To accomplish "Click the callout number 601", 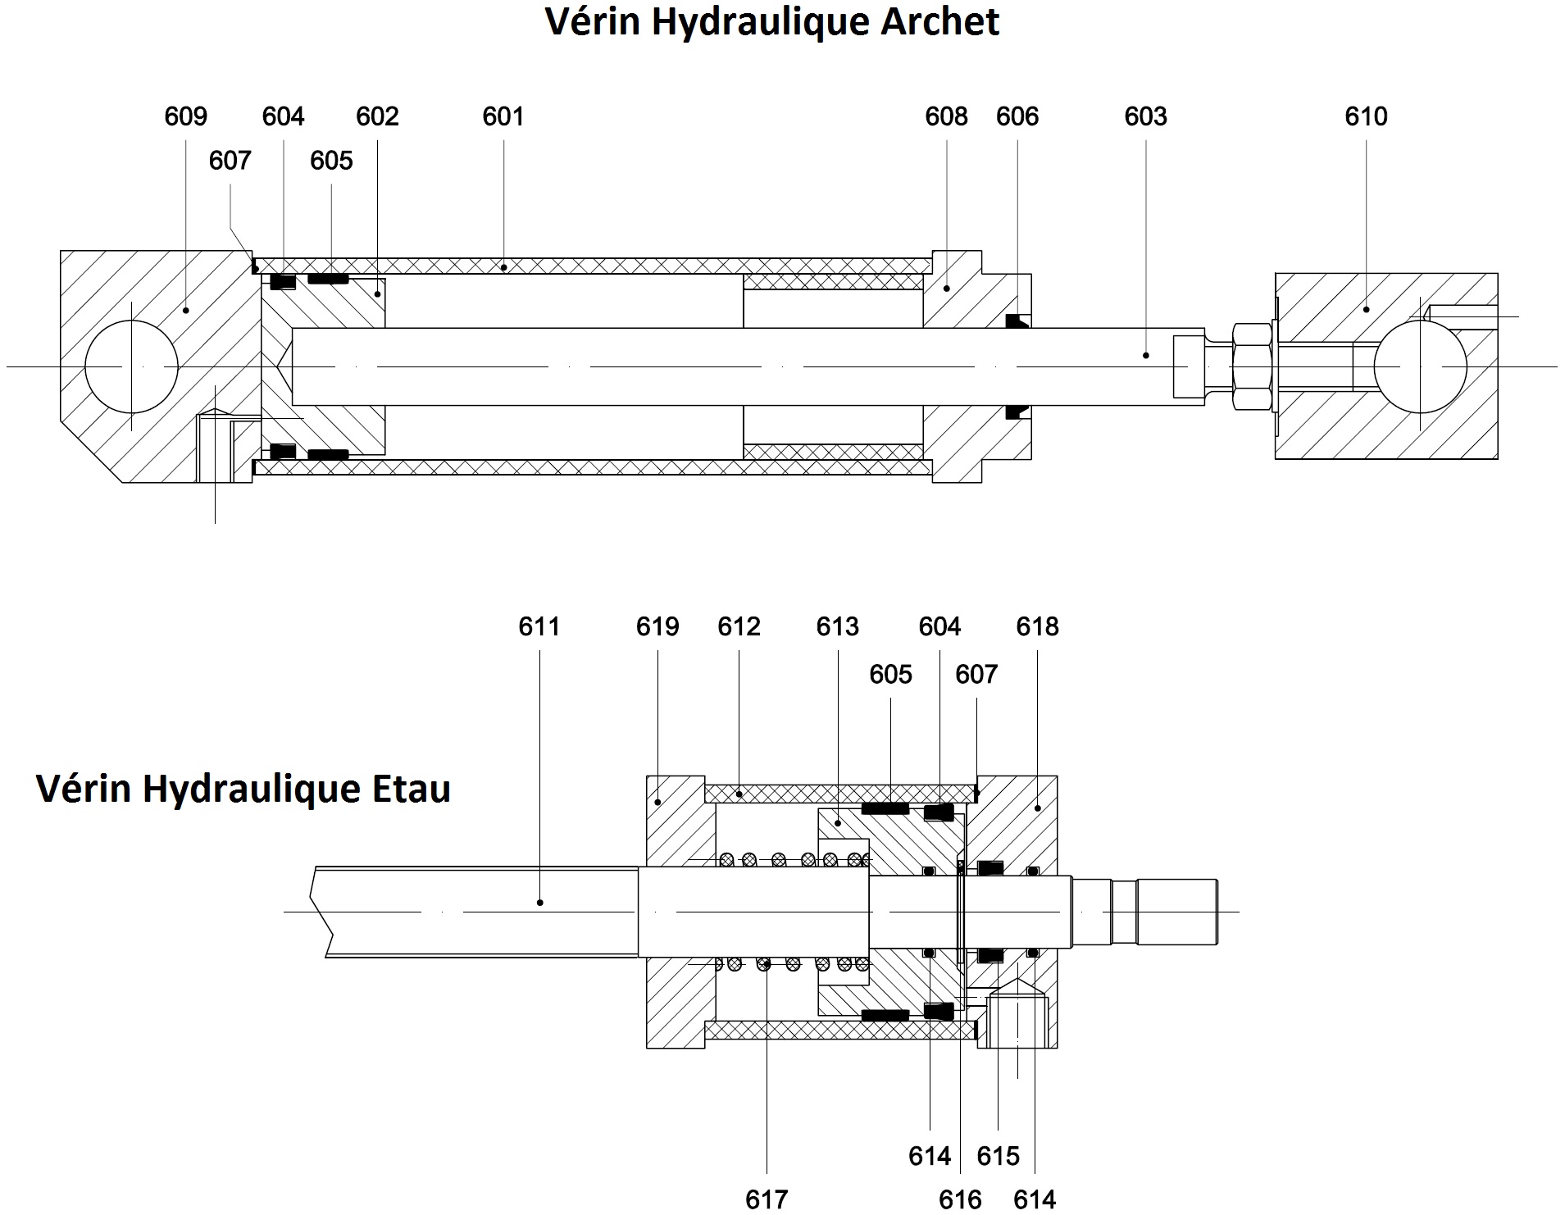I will (503, 117).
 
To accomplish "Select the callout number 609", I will (185, 117).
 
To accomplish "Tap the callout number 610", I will (1366, 117).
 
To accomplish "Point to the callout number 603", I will (1145, 117).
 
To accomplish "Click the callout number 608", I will (946, 117).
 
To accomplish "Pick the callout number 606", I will (1017, 117).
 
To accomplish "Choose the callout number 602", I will (377, 117).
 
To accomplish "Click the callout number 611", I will (539, 627).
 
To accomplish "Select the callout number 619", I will (657, 627).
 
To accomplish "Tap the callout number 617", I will (767, 1199).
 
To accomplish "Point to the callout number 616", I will (960, 1199).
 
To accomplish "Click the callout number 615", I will (998, 1156).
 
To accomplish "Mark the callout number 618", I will (1037, 627).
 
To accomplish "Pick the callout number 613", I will (837, 627).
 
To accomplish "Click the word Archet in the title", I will (939, 22).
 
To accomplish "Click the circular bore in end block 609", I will (131, 366).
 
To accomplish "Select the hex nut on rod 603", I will (1253, 366).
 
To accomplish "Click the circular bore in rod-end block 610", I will (1420, 366).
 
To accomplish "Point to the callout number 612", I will (739, 627).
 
